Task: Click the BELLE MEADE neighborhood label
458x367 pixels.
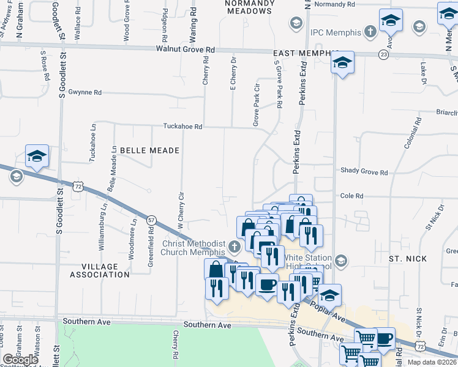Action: pyautogui.click(x=149, y=150)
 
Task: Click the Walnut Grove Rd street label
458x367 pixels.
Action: pyautogui.click(x=186, y=48)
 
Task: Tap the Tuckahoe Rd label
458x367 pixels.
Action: pyautogui.click(x=182, y=127)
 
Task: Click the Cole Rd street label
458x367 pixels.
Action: pyautogui.click(x=351, y=196)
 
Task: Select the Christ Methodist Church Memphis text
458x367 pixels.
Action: pyautogui.click(x=193, y=248)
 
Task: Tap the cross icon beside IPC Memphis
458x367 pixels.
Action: pyautogui.click(x=370, y=31)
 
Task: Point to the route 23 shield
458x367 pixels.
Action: pyautogui.click(x=383, y=54)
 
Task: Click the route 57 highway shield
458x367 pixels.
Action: pyautogui.click(x=151, y=219)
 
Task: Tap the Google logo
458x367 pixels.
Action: pyautogui.click(x=21, y=360)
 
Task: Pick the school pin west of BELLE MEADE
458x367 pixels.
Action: pyautogui.click(x=37, y=157)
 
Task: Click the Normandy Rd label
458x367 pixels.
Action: pyautogui.click(x=334, y=4)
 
